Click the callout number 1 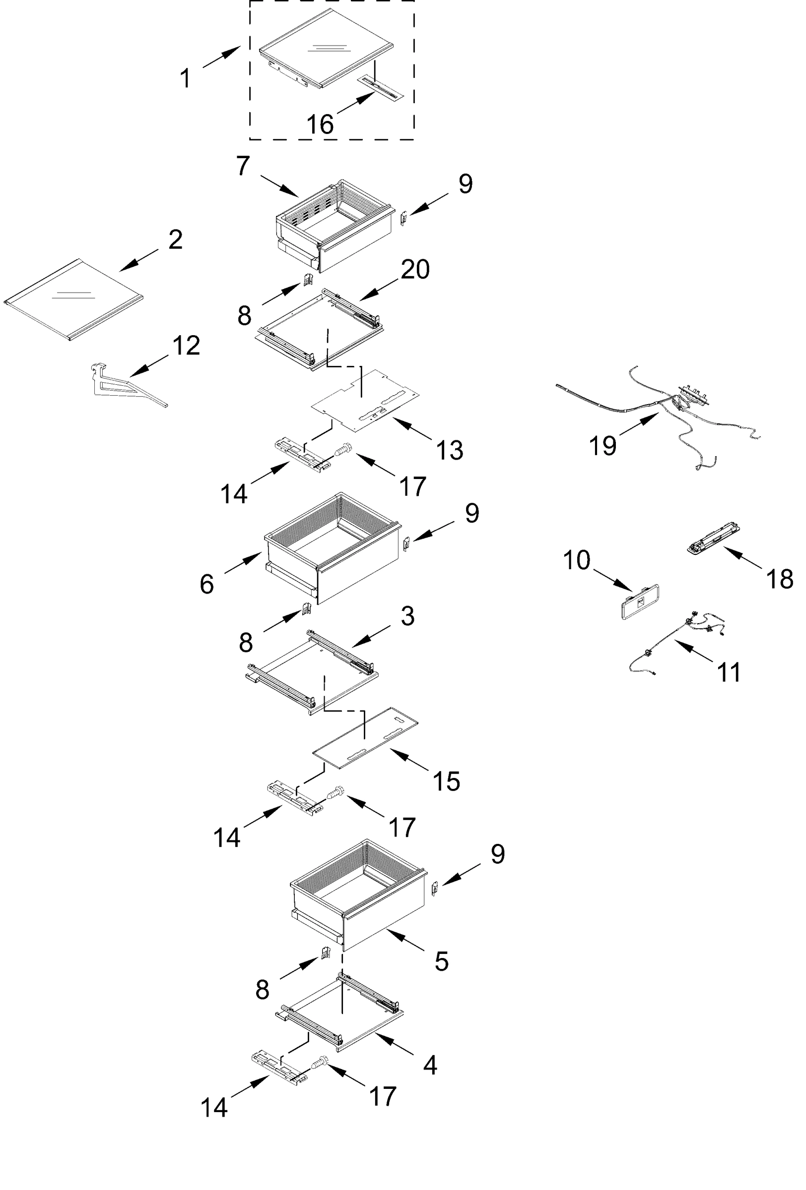point(185,79)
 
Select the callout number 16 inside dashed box point(320,124)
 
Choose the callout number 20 point(414,269)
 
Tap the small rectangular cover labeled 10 point(639,601)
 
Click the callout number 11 point(728,672)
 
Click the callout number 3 point(407,616)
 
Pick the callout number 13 point(449,451)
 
